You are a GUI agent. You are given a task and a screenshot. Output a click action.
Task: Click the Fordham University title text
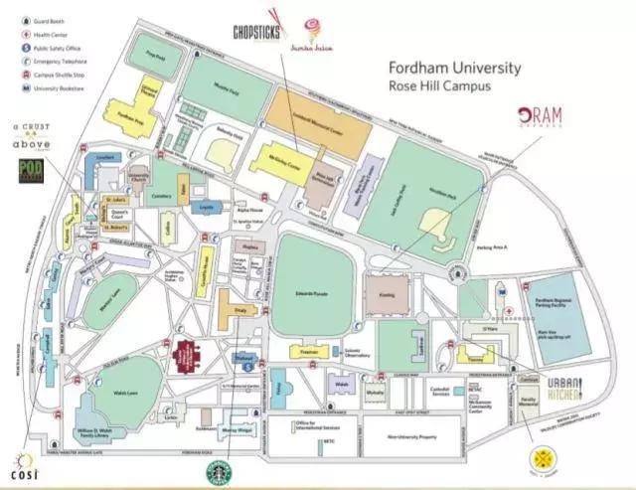tap(454, 69)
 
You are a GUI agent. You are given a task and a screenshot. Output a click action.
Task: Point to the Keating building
tap(385, 295)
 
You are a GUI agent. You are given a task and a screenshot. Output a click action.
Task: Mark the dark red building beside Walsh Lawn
tap(187, 353)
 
